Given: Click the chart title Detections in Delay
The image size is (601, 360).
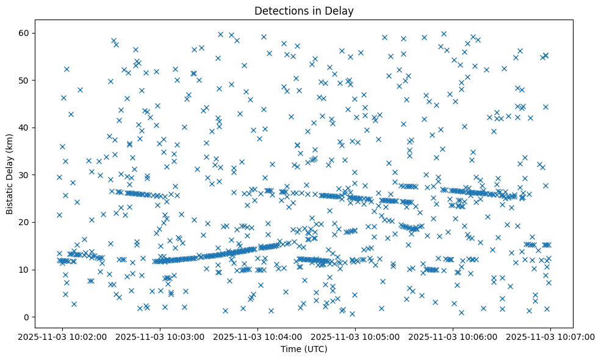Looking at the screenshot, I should point(304,11).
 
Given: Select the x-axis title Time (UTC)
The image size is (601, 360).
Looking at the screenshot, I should point(304,349).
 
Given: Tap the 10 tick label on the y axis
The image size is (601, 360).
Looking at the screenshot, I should point(24,270).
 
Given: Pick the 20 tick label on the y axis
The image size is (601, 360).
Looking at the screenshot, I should point(24,222).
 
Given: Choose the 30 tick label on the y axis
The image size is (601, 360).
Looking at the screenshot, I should point(24,175).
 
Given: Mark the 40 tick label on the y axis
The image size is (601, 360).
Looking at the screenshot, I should point(24,128).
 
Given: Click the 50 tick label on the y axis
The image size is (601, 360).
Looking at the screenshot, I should point(24,80).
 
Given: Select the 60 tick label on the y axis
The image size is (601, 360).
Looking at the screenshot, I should point(24,33).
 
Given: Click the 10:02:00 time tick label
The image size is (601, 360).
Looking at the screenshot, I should point(62,336).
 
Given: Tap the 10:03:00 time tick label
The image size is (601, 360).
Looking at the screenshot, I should point(160,336).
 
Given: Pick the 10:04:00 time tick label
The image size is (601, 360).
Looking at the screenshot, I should point(257,336).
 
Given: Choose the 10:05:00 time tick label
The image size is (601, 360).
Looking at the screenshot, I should point(355,336).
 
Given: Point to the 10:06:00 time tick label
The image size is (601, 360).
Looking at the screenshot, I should point(453,336).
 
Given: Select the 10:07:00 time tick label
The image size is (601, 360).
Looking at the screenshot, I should point(550,336).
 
